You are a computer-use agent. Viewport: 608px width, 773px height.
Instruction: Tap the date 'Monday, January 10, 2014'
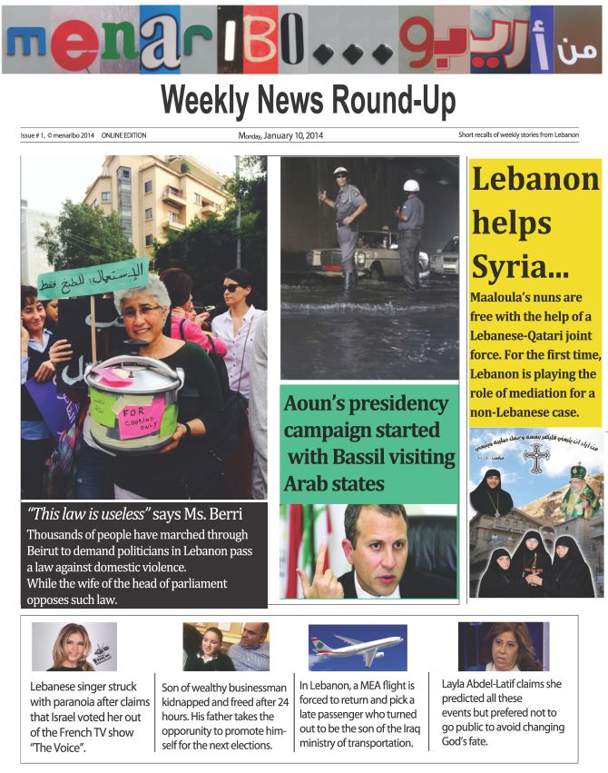280,136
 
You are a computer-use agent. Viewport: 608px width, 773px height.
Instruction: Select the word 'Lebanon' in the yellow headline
535,180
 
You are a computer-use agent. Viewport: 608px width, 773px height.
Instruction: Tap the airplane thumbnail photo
357,647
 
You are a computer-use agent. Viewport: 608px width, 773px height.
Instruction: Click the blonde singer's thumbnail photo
74,647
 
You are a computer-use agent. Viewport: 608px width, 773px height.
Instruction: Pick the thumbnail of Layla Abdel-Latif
503,647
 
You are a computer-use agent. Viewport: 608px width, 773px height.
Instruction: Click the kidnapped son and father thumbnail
225,647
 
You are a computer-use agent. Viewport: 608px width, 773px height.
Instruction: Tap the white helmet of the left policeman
340,172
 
